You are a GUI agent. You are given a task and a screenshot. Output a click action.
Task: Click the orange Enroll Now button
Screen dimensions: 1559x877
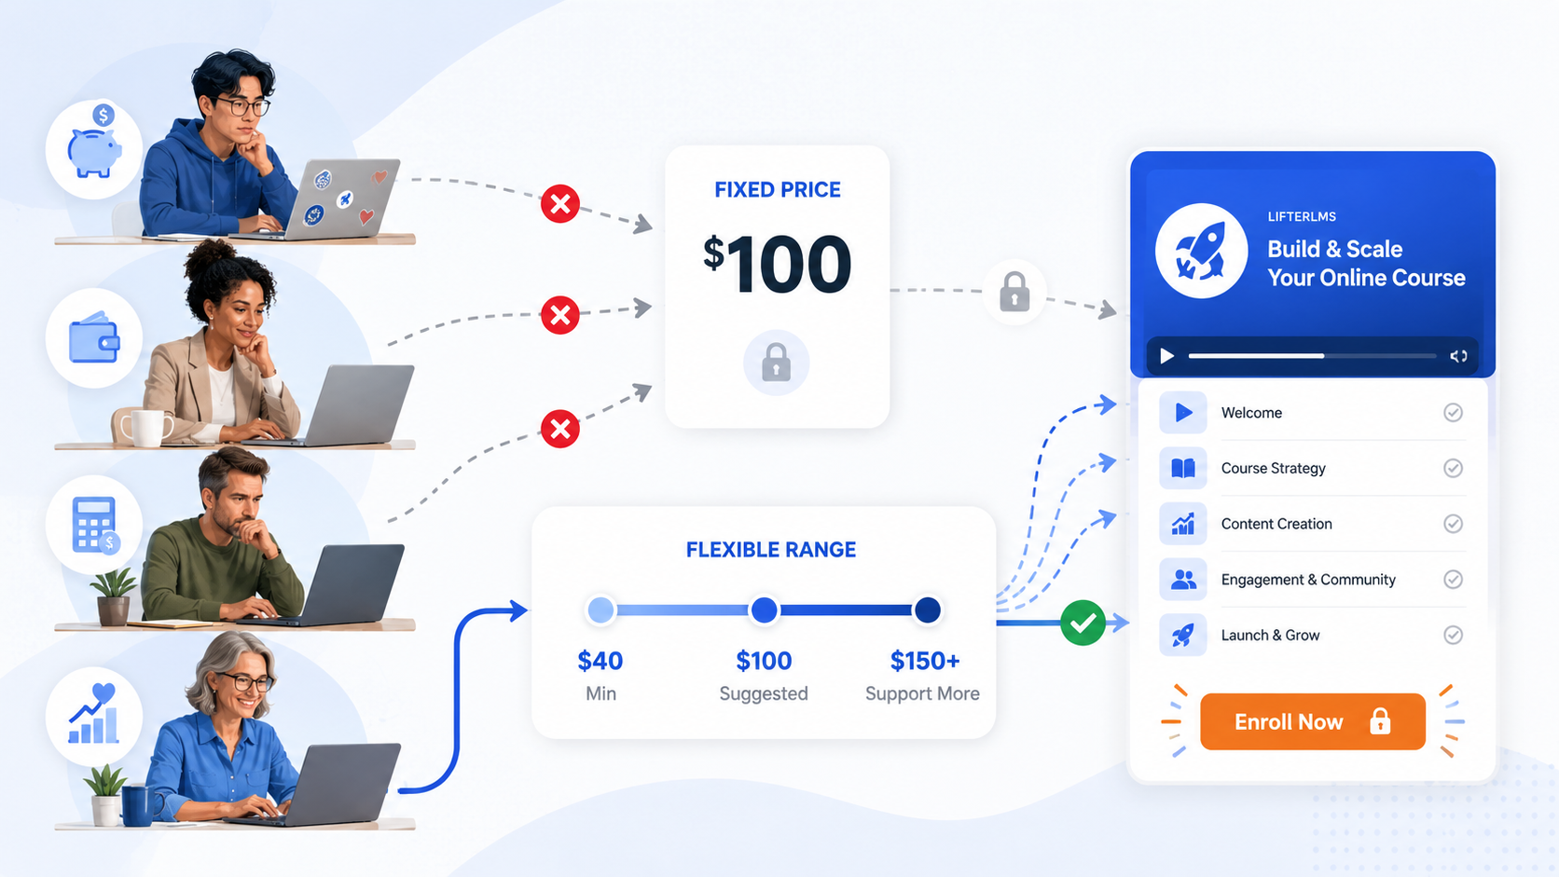click(x=1313, y=721)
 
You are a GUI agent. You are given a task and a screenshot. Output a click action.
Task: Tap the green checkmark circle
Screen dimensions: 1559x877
click(x=1083, y=623)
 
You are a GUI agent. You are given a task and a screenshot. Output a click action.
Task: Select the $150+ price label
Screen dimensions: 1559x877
click(x=925, y=661)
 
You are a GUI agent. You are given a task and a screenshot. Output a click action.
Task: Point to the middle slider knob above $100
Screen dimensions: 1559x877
click(x=765, y=610)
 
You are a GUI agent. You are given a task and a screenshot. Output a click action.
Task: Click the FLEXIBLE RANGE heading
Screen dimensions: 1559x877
click(x=770, y=550)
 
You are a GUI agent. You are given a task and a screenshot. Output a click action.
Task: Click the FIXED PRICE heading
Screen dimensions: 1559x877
click(x=778, y=190)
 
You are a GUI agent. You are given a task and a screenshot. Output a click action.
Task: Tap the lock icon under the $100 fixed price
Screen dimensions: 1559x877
click(x=776, y=363)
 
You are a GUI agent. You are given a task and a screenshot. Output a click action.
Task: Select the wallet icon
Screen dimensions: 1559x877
click(x=94, y=338)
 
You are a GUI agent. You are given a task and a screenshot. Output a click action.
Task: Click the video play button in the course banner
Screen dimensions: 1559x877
click(x=1167, y=356)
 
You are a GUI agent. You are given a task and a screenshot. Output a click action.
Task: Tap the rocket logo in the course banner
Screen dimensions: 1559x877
click(x=1201, y=251)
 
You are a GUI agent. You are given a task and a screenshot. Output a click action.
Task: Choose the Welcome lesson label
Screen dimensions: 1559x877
click(x=1251, y=413)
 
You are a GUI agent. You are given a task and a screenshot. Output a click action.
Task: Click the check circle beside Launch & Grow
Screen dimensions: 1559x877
click(x=1453, y=635)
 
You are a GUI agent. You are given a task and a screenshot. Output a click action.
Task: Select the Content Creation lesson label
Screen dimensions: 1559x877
click(x=1276, y=524)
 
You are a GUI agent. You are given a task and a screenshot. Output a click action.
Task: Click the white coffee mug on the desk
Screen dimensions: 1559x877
click(x=145, y=426)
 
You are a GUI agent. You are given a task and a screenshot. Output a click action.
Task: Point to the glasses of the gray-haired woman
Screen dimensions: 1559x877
click(x=245, y=682)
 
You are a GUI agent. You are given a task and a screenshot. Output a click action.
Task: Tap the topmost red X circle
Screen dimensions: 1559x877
click(x=560, y=204)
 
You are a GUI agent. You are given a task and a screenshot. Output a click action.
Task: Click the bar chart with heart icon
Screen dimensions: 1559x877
click(x=94, y=714)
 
